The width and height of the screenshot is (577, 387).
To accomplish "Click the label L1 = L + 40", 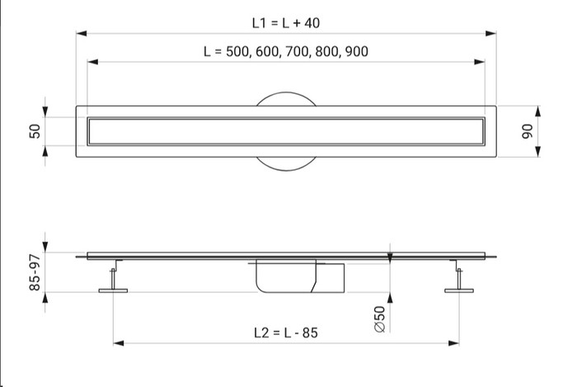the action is pyautogui.click(x=286, y=23).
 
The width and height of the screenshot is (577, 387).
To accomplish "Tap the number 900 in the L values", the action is pyautogui.click(x=357, y=51).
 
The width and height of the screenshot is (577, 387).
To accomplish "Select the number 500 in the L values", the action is pyautogui.click(x=237, y=51).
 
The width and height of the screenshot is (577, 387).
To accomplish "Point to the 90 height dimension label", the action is pyautogui.click(x=528, y=131).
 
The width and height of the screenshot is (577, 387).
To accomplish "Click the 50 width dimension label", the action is pyautogui.click(x=35, y=131).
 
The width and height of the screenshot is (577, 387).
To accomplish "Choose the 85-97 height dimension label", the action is pyautogui.click(x=35, y=272).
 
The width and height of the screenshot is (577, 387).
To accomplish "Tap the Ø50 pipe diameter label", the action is pyautogui.click(x=380, y=319).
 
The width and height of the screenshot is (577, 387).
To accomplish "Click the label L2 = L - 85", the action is pyautogui.click(x=286, y=333).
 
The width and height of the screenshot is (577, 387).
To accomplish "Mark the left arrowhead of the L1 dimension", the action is pyautogui.click(x=82, y=34).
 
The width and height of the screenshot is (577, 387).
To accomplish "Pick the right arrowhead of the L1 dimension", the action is pyautogui.click(x=491, y=34).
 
